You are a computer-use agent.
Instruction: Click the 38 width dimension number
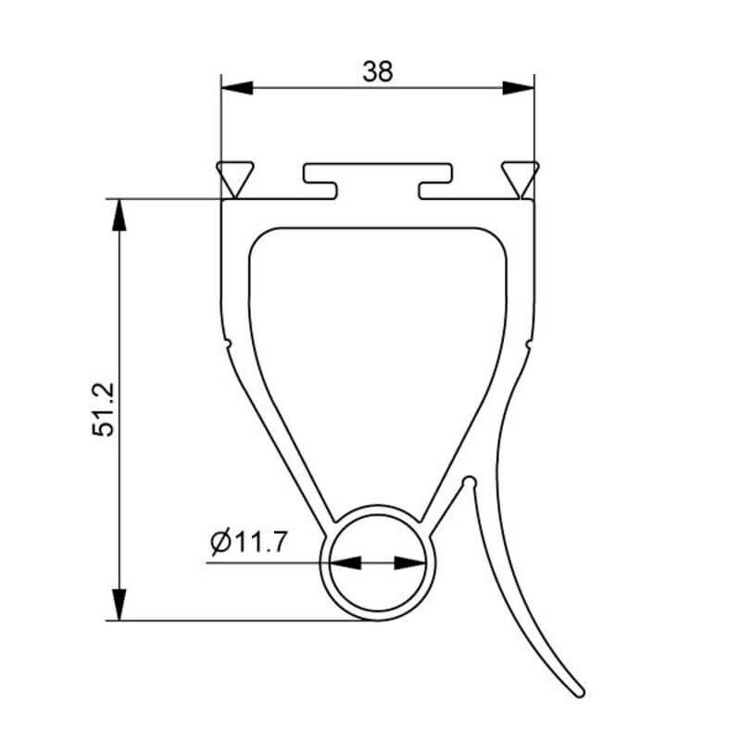click(378, 71)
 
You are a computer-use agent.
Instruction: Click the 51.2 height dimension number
click(103, 409)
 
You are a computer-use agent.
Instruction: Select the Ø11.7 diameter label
click(248, 542)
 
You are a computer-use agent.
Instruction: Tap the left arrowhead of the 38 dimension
click(237, 88)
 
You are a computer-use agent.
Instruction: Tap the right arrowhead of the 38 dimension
click(518, 88)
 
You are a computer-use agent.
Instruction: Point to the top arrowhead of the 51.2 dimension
click(119, 215)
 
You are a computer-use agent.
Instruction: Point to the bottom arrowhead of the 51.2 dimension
click(119, 605)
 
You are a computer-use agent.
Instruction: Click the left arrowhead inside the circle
click(345, 563)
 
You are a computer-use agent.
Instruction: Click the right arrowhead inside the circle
click(410, 563)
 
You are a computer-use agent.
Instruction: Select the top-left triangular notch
click(235, 178)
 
